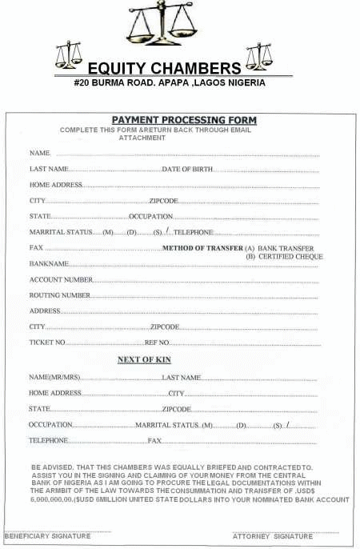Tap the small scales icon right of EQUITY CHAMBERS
pyautogui.click(x=259, y=56)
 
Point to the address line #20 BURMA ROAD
pyautogui.click(x=170, y=82)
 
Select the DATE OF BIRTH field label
pyautogui.click(x=187, y=169)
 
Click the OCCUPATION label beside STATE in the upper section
pyautogui.click(x=151, y=217)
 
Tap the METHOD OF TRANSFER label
pyautogui.click(x=202, y=249)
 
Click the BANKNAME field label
pyautogui.click(x=49, y=263)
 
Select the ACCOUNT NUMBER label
pyautogui.click(x=61, y=279)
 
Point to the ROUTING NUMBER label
pyautogui.click(x=59, y=295)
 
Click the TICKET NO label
pyautogui.click(x=47, y=343)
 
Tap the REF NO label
pyautogui.click(x=156, y=343)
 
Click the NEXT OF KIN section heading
pyautogui.click(x=144, y=360)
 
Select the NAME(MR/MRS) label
pyautogui.click(x=55, y=377)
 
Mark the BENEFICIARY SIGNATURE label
pyautogui.click(x=48, y=536)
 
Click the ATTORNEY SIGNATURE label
pyautogui.click(x=273, y=536)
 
